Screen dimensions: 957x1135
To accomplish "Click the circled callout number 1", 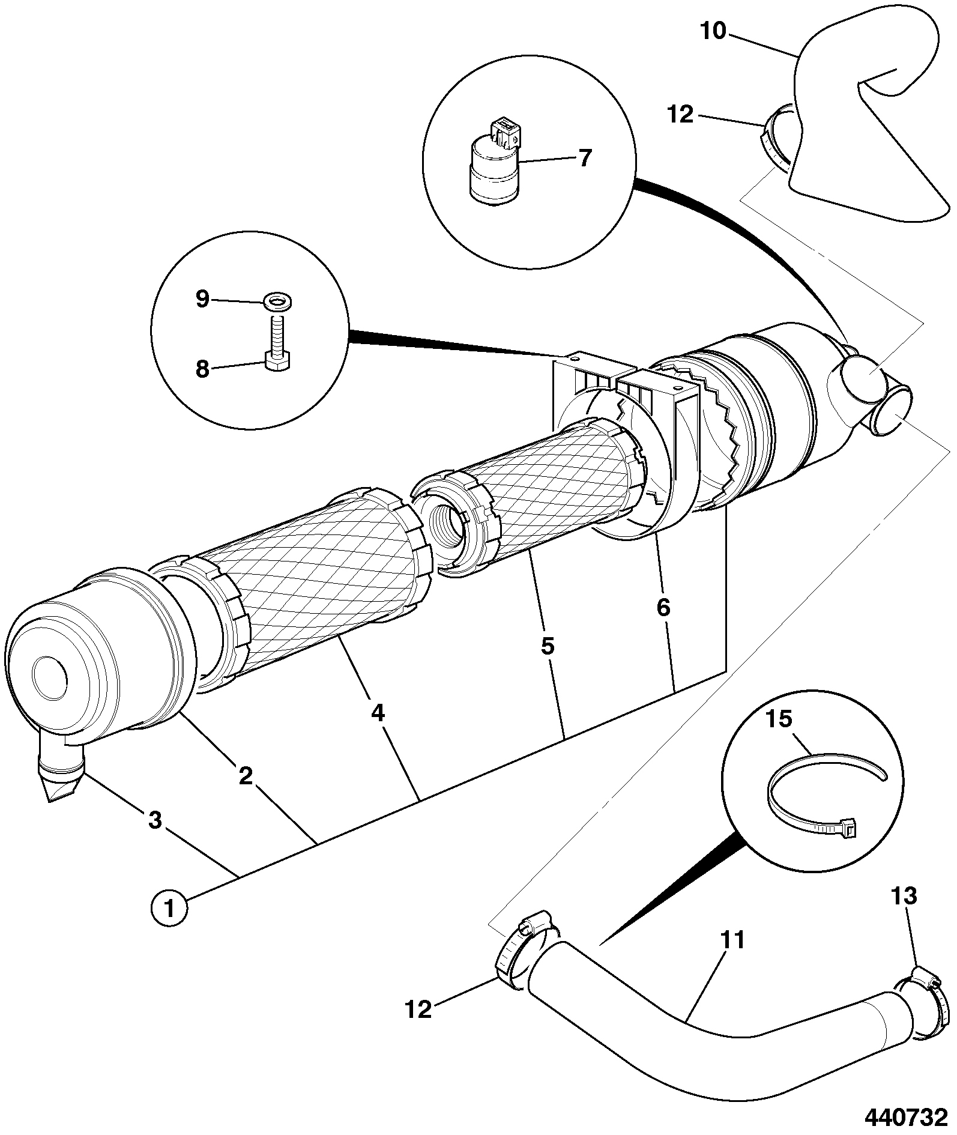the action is click(x=169, y=908).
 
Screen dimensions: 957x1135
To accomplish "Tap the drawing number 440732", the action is click(x=905, y=1118).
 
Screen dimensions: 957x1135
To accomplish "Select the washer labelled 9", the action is click(x=276, y=300).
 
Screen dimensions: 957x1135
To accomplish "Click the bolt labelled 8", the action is click(x=279, y=347).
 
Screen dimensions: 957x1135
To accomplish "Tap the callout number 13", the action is click(x=905, y=896).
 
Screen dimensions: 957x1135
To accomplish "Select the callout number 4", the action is click(x=378, y=713).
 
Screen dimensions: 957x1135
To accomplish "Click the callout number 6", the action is click(x=663, y=608).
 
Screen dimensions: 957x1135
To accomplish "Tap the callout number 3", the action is click(x=155, y=820).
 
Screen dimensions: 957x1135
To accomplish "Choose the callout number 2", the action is click(x=246, y=776).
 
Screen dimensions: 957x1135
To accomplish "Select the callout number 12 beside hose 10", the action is click(x=680, y=114).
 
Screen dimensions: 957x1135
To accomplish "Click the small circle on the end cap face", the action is click(x=49, y=677).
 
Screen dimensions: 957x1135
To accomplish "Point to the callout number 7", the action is click(x=585, y=158).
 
